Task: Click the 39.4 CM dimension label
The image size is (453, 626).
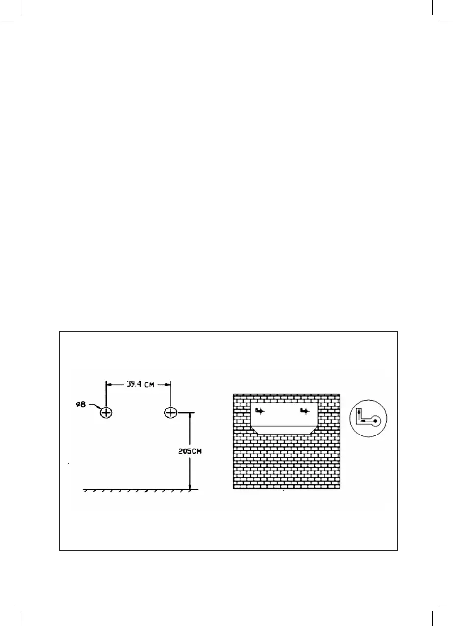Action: tap(138, 384)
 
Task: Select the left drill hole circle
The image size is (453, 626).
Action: tap(106, 413)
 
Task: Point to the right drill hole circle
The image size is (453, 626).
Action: tap(170, 413)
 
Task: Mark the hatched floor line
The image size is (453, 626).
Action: tap(140, 490)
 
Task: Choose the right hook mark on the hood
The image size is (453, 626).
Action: tap(305, 411)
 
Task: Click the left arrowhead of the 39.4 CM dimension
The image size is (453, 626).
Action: tap(109, 384)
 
